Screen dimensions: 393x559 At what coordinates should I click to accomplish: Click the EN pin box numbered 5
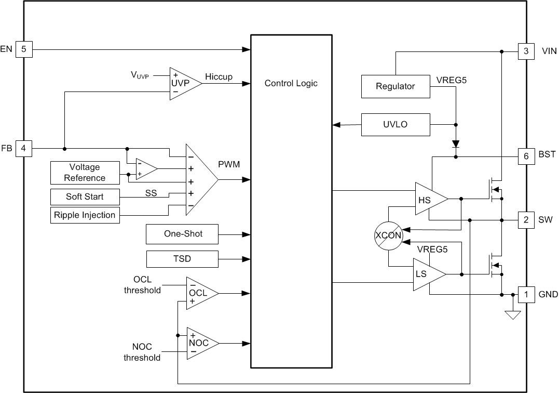tap(23, 49)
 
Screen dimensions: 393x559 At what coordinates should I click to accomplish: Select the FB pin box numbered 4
tap(23, 149)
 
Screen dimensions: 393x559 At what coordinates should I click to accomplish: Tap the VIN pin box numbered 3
tap(526, 51)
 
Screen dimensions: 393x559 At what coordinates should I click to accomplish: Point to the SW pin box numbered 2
tap(526, 220)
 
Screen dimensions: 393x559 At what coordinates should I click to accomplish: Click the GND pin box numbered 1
tap(526, 295)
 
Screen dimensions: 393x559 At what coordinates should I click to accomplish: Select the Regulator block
tap(395, 86)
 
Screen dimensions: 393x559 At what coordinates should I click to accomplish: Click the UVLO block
tap(395, 125)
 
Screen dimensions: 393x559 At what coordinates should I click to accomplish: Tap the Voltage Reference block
tap(85, 173)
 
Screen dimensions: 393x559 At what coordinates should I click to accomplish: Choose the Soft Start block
tap(85, 197)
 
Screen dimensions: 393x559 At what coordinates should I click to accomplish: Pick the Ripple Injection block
tap(85, 215)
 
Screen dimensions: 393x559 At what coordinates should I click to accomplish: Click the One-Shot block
tap(183, 234)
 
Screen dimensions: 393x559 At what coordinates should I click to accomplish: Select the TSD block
tap(183, 258)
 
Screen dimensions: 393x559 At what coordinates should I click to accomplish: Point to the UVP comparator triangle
tap(182, 83)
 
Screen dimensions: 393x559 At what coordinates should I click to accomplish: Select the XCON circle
tap(388, 235)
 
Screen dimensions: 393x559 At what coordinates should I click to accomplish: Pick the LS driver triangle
tap(426, 274)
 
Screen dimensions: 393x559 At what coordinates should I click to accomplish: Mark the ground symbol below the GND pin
tap(513, 314)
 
